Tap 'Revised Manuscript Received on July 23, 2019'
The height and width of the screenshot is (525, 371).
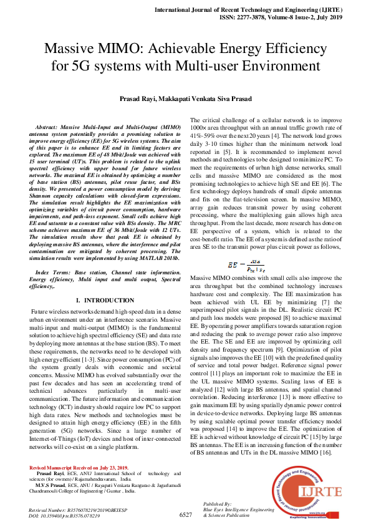tap(79, 468)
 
